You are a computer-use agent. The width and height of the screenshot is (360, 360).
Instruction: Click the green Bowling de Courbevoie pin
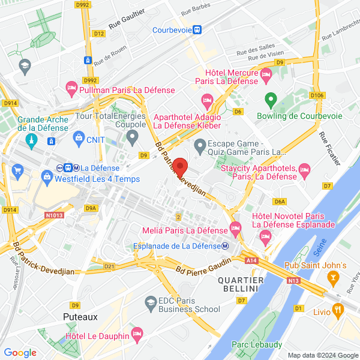[x=271, y=98]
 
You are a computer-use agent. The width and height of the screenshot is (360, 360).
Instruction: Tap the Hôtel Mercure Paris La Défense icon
[x=266, y=74]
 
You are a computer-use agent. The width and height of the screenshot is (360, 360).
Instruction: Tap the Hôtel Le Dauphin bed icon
[x=137, y=333]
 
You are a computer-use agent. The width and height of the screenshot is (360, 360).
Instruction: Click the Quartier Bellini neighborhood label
[x=241, y=285]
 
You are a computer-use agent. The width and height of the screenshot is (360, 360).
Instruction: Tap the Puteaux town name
[x=80, y=316]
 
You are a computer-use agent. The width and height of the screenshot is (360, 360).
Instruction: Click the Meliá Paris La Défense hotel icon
[x=235, y=228]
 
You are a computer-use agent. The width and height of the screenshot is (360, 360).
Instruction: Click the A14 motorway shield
[x=252, y=260]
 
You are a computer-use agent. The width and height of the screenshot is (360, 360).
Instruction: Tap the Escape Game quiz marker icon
[x=200, y=146]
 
